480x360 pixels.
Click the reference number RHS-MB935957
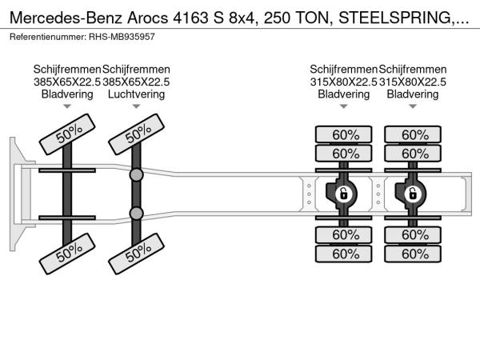(122, 37)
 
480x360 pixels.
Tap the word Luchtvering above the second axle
(136, 94)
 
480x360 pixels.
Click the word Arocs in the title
(147, 18)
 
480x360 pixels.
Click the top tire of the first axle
(67, 134)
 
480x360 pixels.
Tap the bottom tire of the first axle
(67, 254)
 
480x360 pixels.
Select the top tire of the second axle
(137, 134)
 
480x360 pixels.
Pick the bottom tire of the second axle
(137, 254)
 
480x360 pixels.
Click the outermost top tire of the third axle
(344, 134)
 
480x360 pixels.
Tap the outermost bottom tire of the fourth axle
(413, 254)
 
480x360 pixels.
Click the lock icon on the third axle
(343, 194)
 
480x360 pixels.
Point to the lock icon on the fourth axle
(413, 194)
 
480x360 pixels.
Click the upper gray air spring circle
(136, 175)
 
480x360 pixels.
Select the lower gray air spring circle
(136, 214)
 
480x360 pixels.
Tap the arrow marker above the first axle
(67, 106)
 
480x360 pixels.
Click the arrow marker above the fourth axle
(413, 106)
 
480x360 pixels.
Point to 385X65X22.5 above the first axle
(67, 82)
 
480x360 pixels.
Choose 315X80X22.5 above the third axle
(343, 82)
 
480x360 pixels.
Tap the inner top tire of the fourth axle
(413, 153)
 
